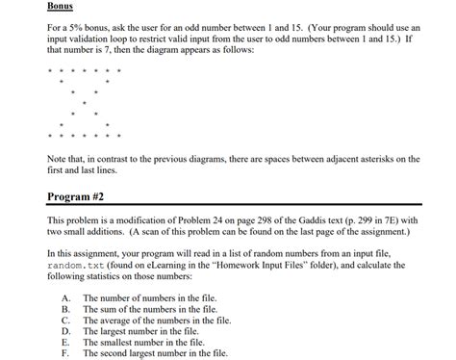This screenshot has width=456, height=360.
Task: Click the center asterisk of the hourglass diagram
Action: click(84, 102)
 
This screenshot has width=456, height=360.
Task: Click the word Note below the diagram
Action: click(58, 158)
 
